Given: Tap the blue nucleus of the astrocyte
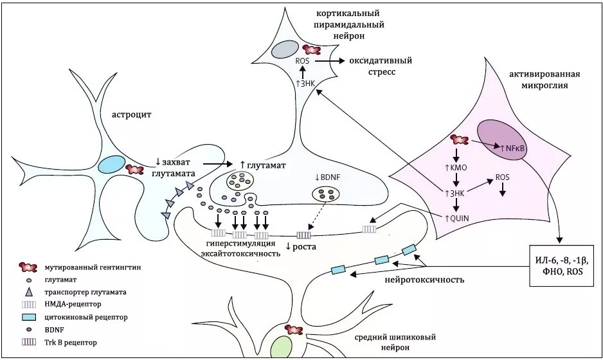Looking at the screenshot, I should [111, 164].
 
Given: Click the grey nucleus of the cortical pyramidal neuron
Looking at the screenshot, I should [283, 50].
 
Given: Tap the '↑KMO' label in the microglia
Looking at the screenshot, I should [456, 168].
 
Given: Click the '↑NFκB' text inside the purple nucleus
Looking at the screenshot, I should [512, 148].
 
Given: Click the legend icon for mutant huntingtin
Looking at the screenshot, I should [29, 267].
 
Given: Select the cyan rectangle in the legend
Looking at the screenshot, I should [29, 317].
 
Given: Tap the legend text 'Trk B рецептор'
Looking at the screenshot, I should [71, 343].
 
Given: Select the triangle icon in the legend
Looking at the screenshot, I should [29, 292].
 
